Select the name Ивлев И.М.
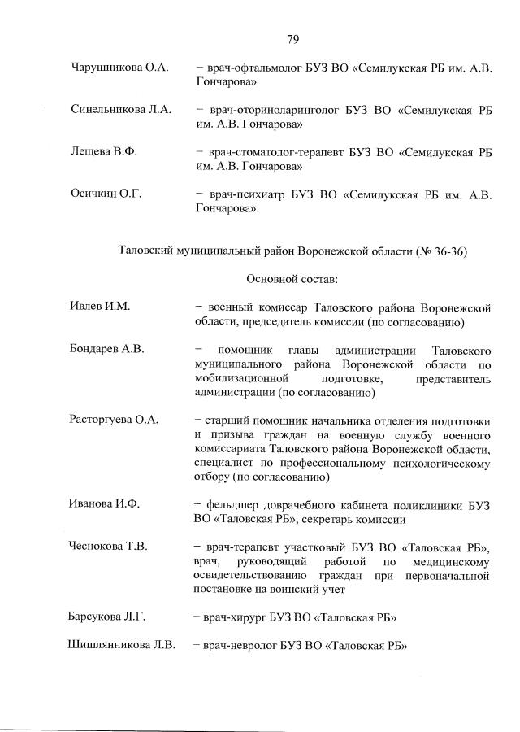[101, 307]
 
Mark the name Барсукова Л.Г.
[108, 617]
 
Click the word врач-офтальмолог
[254, 68]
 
